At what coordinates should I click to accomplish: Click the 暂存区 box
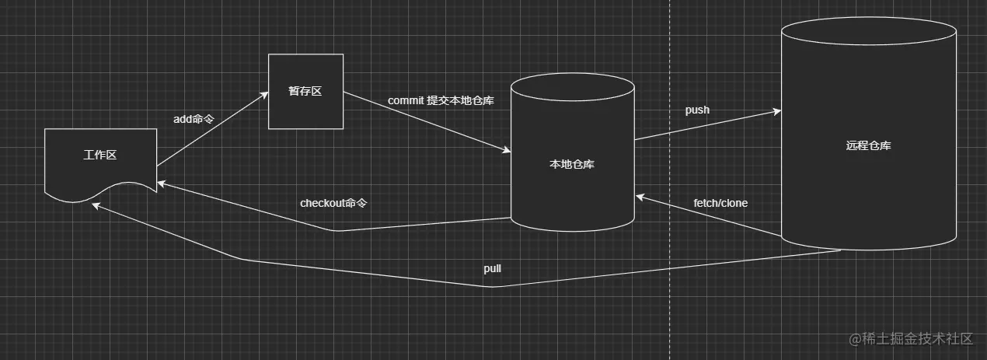click(305, 91)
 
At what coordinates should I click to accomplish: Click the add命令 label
click(194, 119)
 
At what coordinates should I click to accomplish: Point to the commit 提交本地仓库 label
click(441, 101)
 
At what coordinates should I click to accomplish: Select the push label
click(697, 110)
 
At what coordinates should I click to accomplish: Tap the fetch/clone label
click(720, 203)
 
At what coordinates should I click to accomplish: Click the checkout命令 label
click(333, 203)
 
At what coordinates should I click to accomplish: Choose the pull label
click(492, 268)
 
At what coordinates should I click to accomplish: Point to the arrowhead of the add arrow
click(263, 94)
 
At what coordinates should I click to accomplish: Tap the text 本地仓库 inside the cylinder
click(572, 164)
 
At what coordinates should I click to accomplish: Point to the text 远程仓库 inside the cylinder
click(868, 145)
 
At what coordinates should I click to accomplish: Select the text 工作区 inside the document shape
click(100, 155)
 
